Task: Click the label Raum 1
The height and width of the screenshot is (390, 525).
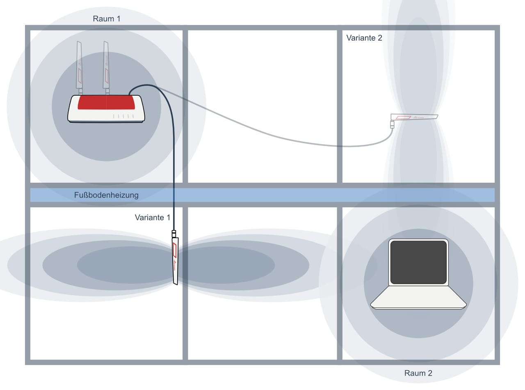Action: point(107,19)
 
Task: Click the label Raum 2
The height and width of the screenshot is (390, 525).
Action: point(418,373)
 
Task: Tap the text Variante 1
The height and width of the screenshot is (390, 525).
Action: point(153,218)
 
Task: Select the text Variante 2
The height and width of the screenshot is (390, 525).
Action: point(364,38)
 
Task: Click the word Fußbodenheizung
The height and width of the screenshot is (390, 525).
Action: point(106,195)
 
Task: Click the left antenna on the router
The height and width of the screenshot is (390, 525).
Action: point(79,68)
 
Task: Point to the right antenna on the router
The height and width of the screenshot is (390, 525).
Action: point(106,68)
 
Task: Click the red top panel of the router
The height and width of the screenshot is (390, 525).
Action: point(106,102)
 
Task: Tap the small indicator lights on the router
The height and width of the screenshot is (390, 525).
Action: point(123,116)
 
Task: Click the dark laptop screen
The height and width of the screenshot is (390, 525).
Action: point(418,262)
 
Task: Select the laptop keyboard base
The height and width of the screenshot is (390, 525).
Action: point(418,298)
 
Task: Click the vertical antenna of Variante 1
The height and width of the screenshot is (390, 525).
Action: point(175,261)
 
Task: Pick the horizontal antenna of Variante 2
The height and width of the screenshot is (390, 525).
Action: point(414,117)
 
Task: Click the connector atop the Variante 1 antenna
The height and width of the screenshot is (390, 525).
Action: point(174,234)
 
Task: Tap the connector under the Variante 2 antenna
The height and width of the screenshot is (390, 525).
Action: point(392,124)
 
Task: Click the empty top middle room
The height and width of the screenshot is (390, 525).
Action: point(262,106)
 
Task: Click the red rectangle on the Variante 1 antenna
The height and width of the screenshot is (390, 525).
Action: point(175,250)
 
